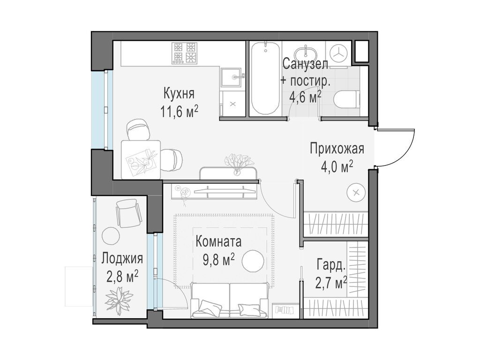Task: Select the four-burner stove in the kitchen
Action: [x=184, y=52]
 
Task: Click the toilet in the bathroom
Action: [x=346, y=98]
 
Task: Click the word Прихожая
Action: [x=337, y=149]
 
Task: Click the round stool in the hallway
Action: [x=355, y=192]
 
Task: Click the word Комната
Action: [x=218, y=242]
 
